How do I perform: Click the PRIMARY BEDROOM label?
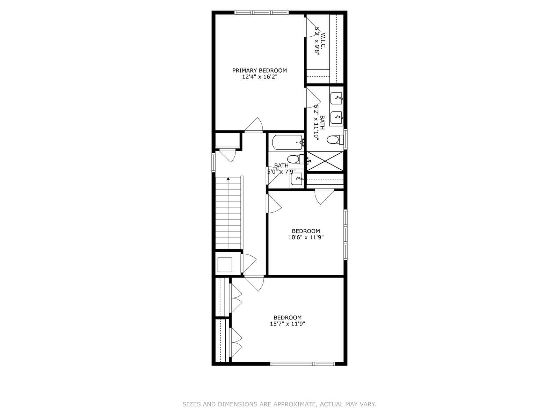click(260, 71)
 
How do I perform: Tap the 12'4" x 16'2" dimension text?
click(260, 77)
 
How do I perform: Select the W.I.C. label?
click(324, 40)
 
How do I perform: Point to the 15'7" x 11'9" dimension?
click(288, 324)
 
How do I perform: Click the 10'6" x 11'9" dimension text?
click(306, 237)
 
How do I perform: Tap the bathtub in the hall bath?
click(288, 142)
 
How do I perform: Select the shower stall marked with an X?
click(325, 161)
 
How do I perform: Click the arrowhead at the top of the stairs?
click(228, 179)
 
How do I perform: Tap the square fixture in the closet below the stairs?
click(225, 265)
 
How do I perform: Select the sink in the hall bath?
click(297, 179)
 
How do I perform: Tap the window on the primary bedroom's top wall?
click(262, 12)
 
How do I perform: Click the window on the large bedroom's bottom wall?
click(303, 364)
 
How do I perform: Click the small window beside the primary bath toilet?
click(345, 139)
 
